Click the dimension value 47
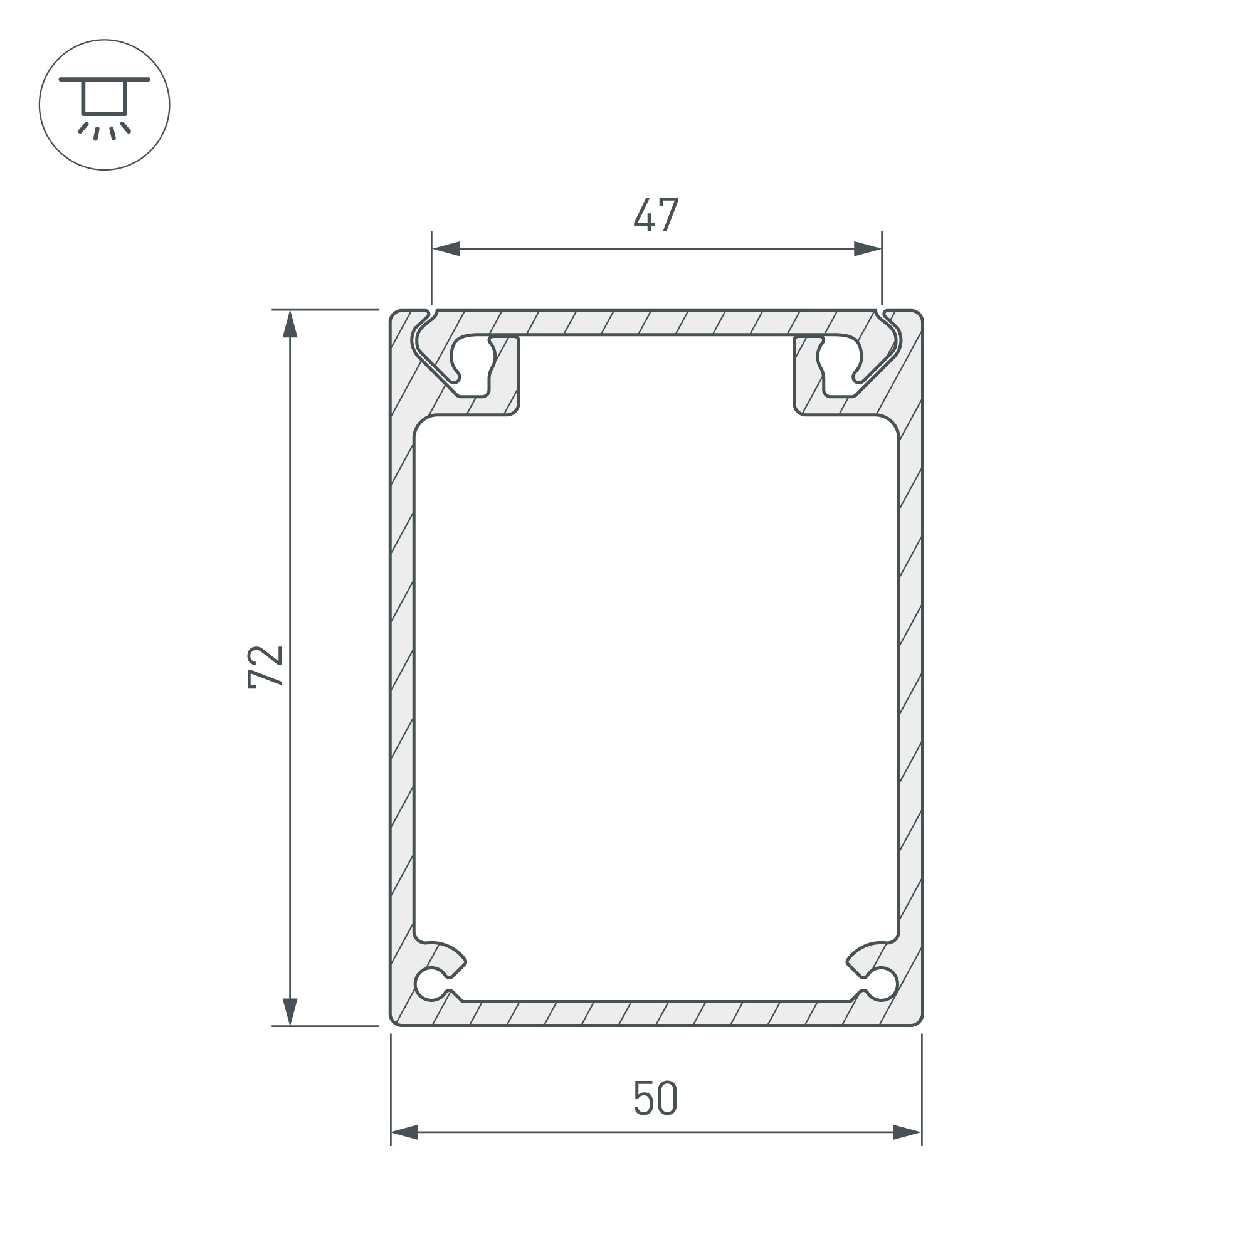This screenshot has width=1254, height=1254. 656,214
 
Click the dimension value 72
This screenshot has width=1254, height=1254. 265,667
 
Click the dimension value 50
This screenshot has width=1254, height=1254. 656,1099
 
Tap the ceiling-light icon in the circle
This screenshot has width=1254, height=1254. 104,105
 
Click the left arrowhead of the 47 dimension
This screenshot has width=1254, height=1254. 446,248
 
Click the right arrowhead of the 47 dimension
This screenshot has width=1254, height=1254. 867,248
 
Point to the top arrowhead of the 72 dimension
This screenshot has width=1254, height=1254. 290,325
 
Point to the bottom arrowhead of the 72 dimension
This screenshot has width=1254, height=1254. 290,1011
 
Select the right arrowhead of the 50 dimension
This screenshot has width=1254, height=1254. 907,1132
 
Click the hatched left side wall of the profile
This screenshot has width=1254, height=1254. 402,682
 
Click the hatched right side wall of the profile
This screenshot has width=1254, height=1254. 910,682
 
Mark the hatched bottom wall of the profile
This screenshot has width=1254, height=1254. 656,1014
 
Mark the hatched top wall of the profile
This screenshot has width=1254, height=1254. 656,322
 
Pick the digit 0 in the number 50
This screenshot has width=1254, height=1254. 668,1099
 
